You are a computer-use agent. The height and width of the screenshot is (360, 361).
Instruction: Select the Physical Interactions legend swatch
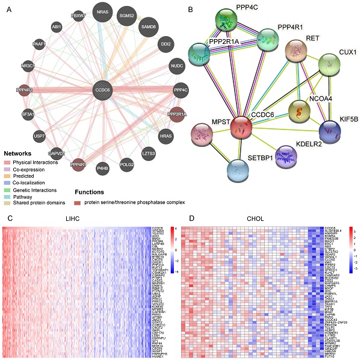point(9,163)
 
